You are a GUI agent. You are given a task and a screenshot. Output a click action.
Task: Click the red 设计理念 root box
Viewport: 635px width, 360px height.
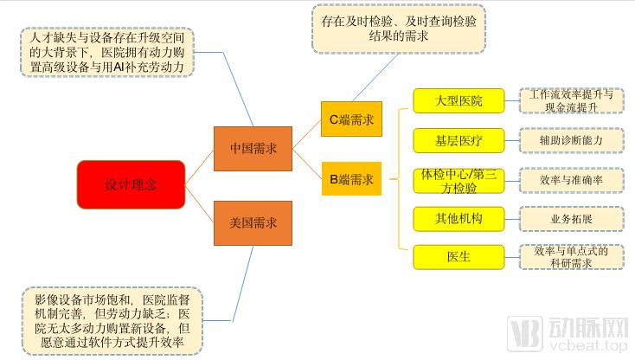(131, 184)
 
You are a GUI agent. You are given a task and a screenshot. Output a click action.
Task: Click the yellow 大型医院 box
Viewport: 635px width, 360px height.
(459, 101)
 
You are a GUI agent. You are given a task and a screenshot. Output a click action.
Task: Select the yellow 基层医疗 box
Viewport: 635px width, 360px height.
(459, 139)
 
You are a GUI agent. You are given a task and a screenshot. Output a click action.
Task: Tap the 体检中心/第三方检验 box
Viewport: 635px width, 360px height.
(459, 180)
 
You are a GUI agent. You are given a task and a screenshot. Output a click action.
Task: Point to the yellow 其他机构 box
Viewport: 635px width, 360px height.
(459, 219)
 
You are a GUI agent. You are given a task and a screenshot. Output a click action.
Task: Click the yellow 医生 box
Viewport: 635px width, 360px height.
(459, 257)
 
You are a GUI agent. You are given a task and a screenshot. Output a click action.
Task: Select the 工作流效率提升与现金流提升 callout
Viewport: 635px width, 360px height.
(571, 100)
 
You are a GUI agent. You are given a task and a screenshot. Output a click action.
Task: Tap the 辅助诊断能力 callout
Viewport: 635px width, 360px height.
(571, 139)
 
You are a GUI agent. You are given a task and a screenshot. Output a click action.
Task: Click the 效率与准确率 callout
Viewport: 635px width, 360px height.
(571, 180)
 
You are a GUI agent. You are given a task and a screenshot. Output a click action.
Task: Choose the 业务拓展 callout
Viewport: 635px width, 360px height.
(571, 219)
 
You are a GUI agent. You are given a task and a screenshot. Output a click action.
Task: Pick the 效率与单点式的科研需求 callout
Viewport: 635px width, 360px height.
(571, 257)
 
